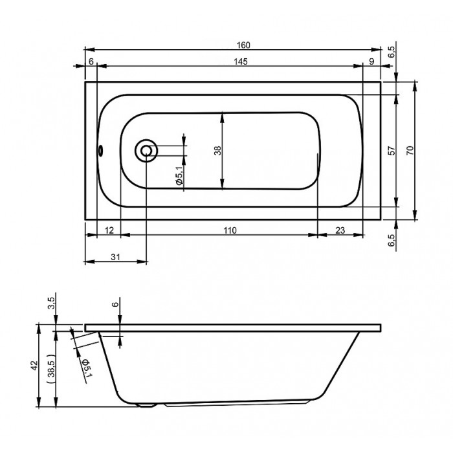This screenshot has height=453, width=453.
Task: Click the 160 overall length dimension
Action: (243, 45)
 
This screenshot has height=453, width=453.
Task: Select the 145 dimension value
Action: (241, 61)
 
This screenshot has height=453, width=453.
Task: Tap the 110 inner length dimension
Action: (230, 230)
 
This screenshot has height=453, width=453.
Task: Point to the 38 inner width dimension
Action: (217, 151)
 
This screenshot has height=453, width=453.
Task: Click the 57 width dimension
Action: (391, 151)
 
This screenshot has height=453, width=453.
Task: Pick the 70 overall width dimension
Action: (410, 151)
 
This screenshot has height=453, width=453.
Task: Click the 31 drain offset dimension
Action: (115, 257)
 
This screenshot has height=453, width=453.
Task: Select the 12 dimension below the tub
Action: (109, 230)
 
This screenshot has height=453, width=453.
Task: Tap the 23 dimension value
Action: (340, 230)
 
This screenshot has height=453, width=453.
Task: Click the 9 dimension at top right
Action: (372, 61)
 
